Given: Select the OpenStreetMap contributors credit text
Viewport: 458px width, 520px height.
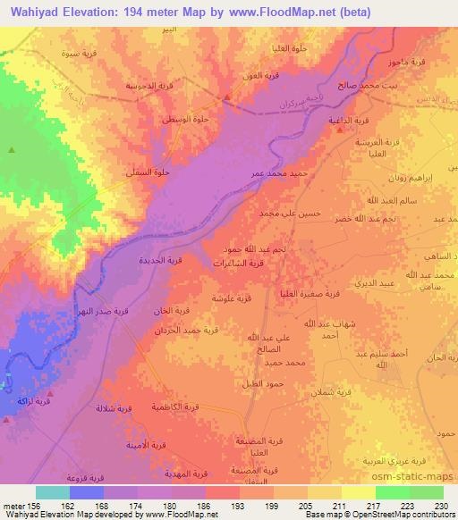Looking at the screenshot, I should click(x=403, y=514).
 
